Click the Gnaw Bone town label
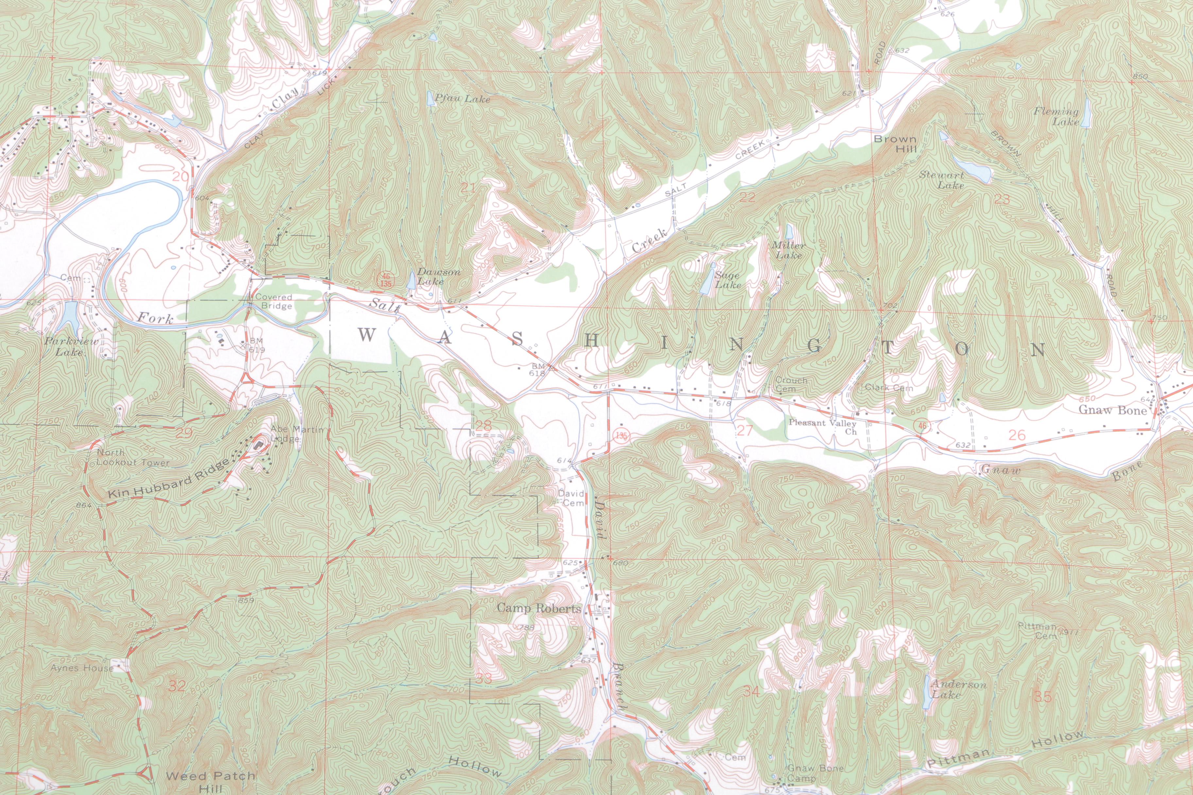1112,410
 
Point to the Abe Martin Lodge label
296,434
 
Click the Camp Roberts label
539,608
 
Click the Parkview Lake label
71,346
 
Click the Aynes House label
82,668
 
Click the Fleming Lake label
1057,116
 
